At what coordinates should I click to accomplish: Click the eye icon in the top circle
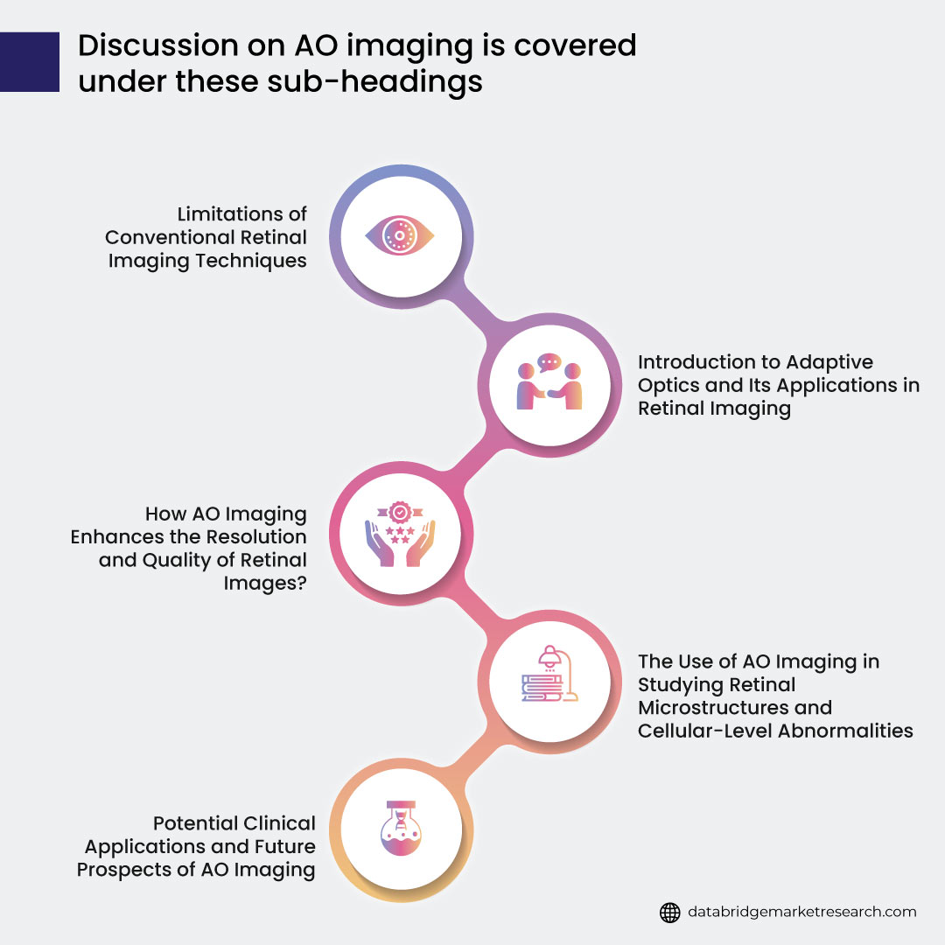tap(399, 236)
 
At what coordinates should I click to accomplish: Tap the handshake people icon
tap(549, 382)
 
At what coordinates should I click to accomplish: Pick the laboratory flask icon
tap(399, 829)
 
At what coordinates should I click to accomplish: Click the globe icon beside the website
tap(669, 912)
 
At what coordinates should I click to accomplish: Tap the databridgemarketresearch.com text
tap(802, 912)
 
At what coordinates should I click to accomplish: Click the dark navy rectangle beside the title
tap(30, 62)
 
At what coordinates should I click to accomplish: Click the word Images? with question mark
tap(264, 582)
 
